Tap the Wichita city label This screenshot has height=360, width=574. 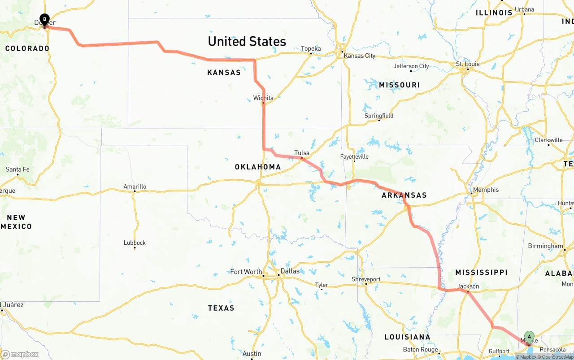click(263, 98)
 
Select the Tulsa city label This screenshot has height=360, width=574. click(302, 153)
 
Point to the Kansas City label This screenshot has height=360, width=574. click(359, 56)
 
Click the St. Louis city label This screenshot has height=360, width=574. click(468, 64)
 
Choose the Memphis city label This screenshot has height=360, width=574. click(486, 190)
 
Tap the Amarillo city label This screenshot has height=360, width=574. click(135, 187)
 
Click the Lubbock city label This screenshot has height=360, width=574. click(135, 243)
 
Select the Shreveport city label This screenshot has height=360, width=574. click(366, 279)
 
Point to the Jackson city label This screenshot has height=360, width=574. click(468, 286)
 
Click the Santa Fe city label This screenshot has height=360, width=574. click(17, 169)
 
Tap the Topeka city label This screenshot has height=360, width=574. click(311, 48)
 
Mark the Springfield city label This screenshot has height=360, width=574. click(379, 116)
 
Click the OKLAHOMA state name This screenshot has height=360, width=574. click(258, 167)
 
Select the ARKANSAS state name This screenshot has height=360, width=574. click(404, 195)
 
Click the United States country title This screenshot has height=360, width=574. click(247, 41)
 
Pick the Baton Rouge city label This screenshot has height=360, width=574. click(420, 349)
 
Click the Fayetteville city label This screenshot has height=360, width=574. click(354, 156)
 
